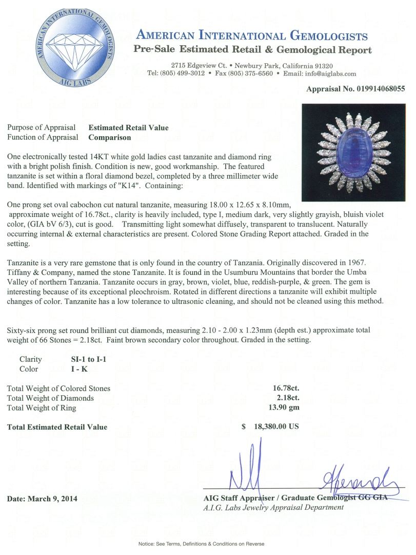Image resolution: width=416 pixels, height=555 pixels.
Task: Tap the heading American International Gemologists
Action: (x=251, y=35)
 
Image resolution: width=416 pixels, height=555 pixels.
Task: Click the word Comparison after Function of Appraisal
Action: (x=110, y=137)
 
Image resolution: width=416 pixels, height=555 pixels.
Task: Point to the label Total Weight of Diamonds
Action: (x=50, y=398)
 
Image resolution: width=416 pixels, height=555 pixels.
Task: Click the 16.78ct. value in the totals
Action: (x=286, y=388)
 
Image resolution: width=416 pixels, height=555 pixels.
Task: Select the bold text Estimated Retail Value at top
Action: (x=128, y=127)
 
